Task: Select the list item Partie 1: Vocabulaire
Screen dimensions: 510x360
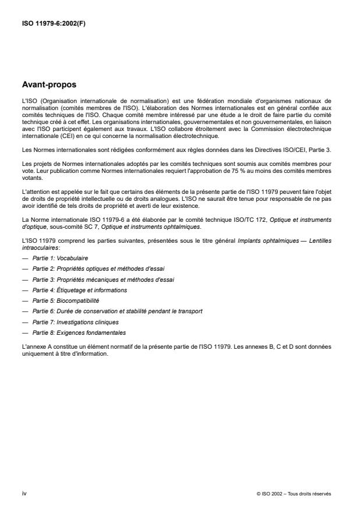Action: (61, 257)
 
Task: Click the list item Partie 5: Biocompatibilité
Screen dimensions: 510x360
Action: (65, 300)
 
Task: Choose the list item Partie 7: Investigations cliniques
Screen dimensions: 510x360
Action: (75, 322)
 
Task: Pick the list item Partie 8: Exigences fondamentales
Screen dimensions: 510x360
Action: (79, 333)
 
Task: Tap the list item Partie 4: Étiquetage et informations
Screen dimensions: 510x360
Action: (79, 290)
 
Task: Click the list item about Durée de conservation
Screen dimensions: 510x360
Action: (117, 311)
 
